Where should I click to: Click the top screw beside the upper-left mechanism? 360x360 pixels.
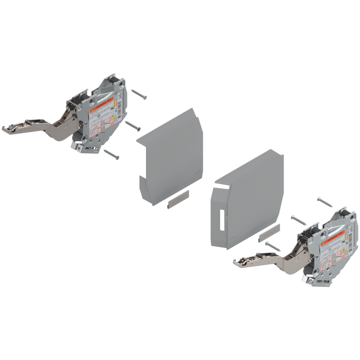click(139, 95)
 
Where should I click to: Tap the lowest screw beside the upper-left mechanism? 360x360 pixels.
click(112, 153)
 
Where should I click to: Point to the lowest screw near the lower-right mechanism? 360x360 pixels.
click(272, 246)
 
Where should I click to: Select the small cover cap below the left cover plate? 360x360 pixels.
click(178, 200)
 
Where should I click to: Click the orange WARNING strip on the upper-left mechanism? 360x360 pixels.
click(100, 109)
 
